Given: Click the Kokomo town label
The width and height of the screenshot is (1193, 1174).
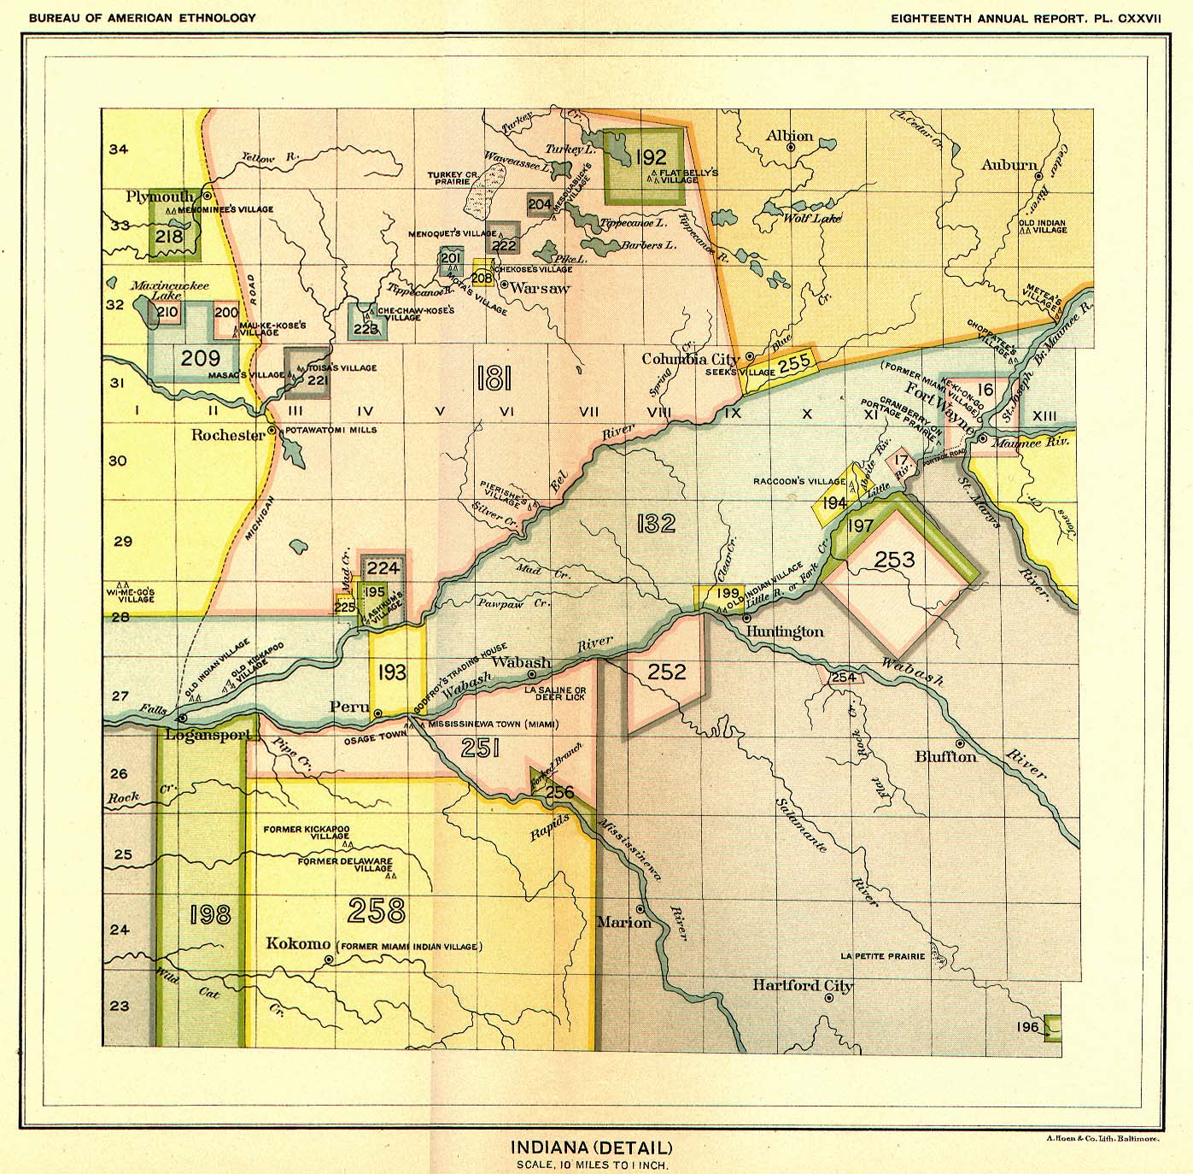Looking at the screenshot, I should [298, 944].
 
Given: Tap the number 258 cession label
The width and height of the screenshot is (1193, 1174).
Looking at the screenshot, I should [377, 911].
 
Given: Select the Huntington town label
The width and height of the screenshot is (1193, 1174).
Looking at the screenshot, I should [785, 631].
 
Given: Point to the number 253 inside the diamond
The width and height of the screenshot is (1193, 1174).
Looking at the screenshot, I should [894, 560].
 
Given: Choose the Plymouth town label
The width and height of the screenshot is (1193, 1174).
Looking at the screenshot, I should [160, 197].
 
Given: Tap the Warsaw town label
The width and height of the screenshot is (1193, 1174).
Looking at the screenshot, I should [540, 288].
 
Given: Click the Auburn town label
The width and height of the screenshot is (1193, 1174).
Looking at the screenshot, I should [1009, 165].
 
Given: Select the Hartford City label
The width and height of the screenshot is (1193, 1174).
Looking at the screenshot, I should [802, 986].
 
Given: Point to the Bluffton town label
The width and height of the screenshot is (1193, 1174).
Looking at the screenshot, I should [945, 756].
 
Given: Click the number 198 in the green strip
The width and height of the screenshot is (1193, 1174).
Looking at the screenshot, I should [210, 915].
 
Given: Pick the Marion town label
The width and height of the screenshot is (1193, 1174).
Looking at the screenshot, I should [623, 922].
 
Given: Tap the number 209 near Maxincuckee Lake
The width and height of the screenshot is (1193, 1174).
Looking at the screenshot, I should [201, 358].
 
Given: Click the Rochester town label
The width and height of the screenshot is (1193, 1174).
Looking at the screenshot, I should [228, 435].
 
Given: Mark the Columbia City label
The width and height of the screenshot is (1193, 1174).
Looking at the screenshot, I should [691, 359].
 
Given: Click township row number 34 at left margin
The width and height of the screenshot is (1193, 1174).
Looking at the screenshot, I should [119, 150].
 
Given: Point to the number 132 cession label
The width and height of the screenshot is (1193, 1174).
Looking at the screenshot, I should [655, 523].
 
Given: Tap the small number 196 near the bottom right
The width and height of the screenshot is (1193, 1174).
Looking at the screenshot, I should [1027, 1026].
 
